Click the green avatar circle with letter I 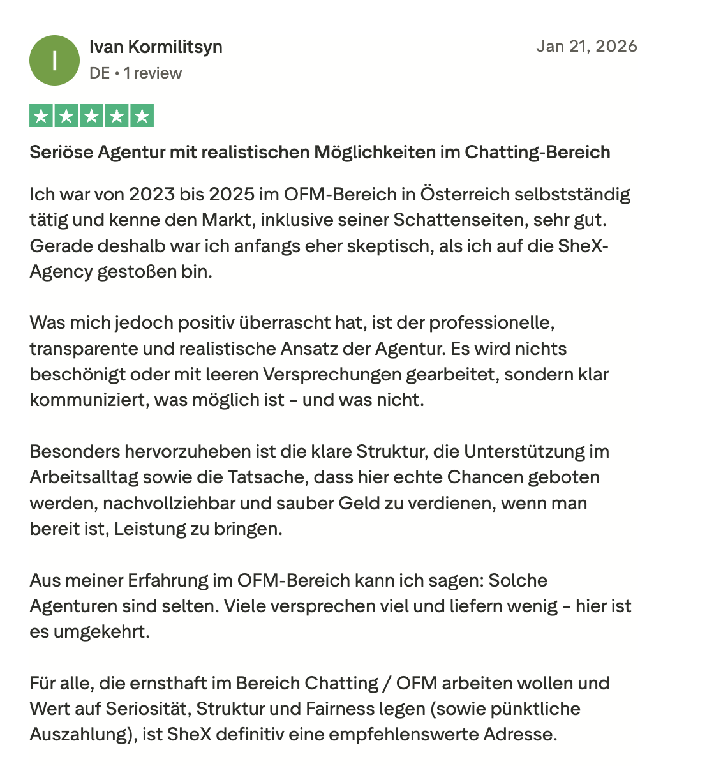coord(55,61)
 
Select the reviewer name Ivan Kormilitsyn coord(156,47)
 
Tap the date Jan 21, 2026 coord(586,46)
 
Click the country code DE coord(100,73)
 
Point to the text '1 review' coord(153,73)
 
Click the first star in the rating coord(41,116)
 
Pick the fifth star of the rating coord(142,116)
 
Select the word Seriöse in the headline coord(61,153)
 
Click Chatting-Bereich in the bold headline coord(537,153)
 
